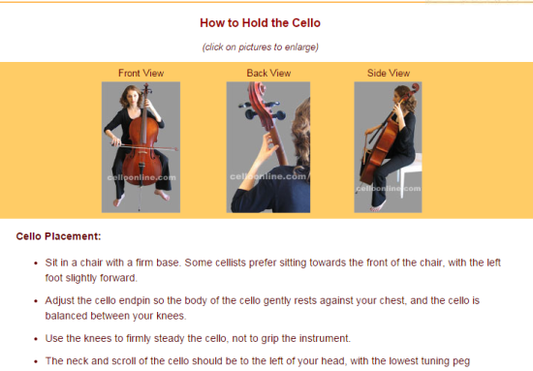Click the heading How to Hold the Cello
[260, 22]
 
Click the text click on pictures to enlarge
[261, 46]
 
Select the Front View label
[141, 73]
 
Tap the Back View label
[268, 73]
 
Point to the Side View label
[389, 73]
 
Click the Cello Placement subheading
[58, 236]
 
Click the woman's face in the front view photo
[135, 98]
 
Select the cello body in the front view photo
[141, 149]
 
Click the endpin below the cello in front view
[141, 198]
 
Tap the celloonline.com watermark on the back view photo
[267, 176]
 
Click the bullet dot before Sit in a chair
[36, 263]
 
